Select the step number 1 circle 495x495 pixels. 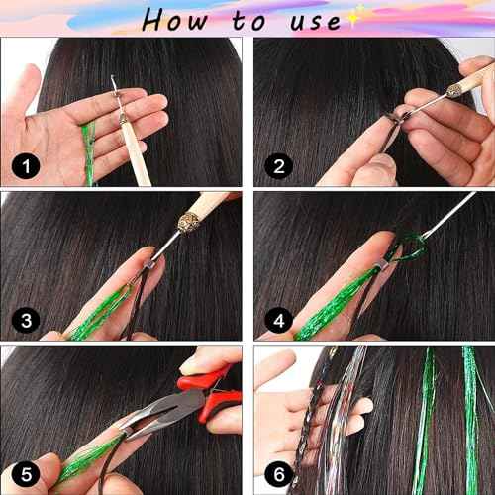point(25,164)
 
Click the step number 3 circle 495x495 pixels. point(25,318)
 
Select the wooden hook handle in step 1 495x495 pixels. point(131,158)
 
